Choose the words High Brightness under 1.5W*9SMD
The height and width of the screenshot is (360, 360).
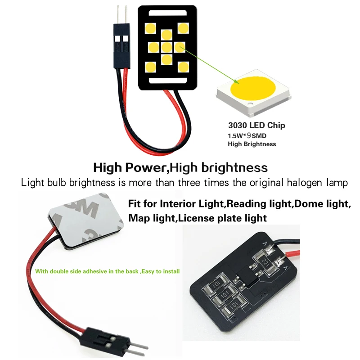click(x=252, y=144)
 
